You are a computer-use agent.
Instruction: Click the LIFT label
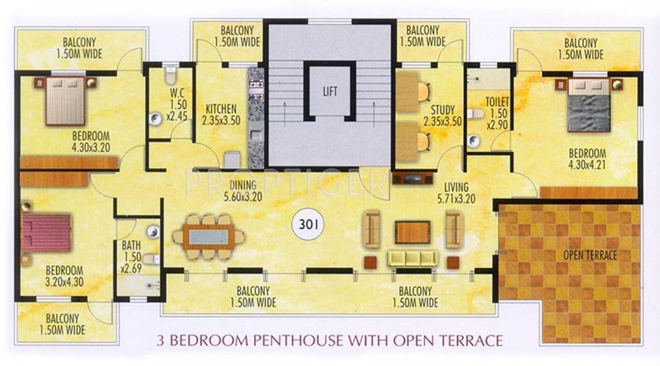pos(330,91)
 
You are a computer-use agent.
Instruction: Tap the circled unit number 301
pos(308,224)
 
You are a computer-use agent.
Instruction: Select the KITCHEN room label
pos(221,109)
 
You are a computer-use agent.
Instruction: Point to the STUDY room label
pos(443,110)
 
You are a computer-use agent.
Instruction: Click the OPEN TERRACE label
pos(590,255)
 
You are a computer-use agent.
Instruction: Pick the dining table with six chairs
pos(208,237)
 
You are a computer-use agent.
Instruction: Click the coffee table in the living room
pos(412,232)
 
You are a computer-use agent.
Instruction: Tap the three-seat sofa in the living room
pos(412,258)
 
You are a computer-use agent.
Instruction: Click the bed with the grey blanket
pos(588,105)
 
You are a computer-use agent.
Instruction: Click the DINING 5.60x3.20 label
pos(243,191)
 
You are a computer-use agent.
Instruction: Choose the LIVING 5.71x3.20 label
pos(456,193)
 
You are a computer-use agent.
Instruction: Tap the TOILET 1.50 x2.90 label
pos(497,113)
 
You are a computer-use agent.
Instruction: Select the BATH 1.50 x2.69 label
pos(131,257)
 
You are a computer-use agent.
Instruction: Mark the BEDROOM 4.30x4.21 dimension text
pos(587,159)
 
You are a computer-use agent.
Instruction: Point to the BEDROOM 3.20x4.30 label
pos(65,276)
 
